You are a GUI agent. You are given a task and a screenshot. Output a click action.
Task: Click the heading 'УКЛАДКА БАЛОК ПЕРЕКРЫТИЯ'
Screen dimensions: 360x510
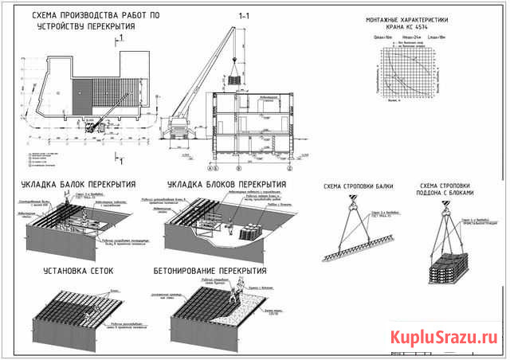pyautogui.click(x=78, y=183)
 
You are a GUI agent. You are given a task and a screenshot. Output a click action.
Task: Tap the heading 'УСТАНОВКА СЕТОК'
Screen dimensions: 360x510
pyautogui.click(x=78, y=271)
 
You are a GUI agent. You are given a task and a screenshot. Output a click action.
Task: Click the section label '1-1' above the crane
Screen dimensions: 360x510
pyautogui.click(x=243, y=15)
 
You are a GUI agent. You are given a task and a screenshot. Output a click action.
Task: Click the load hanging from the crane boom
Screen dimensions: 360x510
pyautogui.click(x=235, y=80)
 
